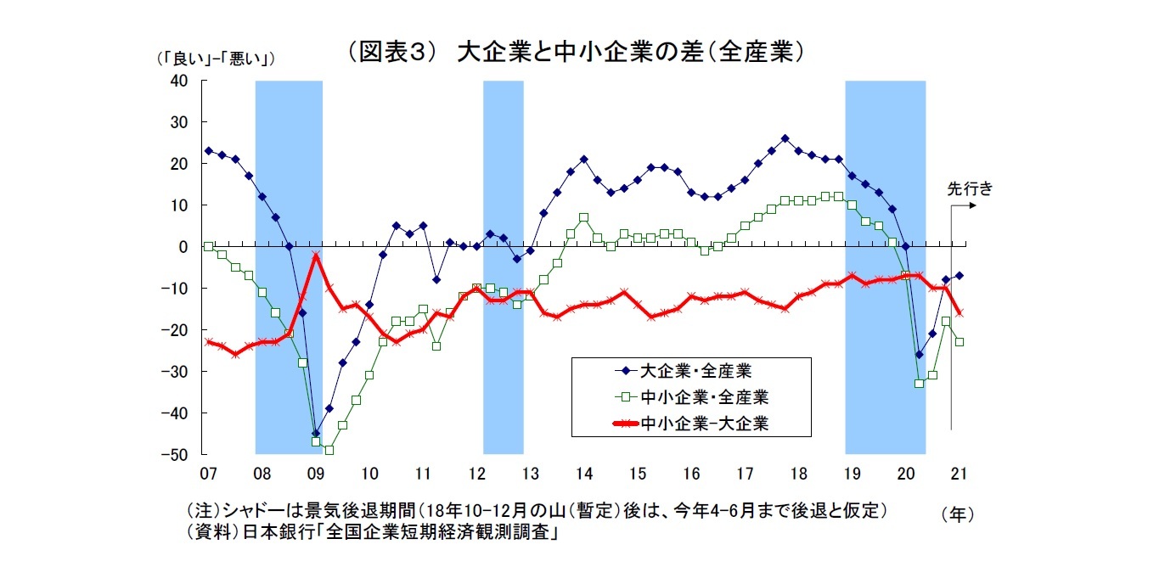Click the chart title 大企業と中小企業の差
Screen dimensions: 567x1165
tap(575, 52)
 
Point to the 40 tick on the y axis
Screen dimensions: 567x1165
tap(178, 81)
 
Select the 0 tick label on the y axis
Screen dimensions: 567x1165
tap(183, 247)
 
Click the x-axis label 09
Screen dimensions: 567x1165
tap(316, 472)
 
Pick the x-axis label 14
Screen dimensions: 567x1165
tap(584, 472)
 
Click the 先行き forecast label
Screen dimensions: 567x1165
tap(969, 189)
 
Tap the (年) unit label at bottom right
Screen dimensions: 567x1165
tap(957, 514)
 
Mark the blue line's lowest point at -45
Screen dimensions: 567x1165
tap(316, 434)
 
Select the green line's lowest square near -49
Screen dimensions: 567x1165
tap(329, 450)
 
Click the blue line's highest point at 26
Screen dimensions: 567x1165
tap(785, 138)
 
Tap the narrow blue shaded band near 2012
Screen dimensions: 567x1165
tap(503, 267)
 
